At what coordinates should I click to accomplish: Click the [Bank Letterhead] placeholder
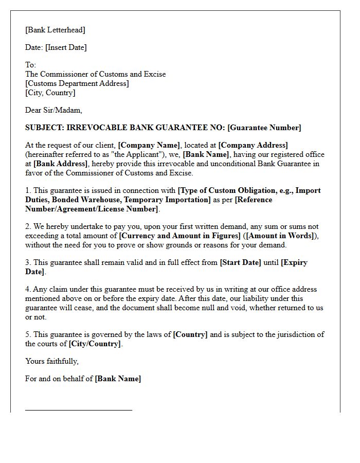pyautogui.click(x=55, y=30)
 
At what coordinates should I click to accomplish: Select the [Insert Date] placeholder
pyautogui.click(x=66, y=47)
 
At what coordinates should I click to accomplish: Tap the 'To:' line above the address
pyautogui.click(x=31, y=65)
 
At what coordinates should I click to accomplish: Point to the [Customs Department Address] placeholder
pyautogui.click(x=77, y=83)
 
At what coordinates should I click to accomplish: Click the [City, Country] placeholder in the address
pyautogui.click(x=50, y=93)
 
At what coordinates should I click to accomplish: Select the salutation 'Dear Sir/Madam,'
pyautogui.click(x=53, y=110)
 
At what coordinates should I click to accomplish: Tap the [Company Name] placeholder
pyautogui.click(x=149, y=145)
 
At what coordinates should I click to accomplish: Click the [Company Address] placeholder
pyautogui.click(x=253, y=145)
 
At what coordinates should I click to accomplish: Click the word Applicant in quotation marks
pyautogui.click(x=114, y=154)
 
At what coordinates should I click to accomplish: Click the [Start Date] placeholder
pyautogui.click(x=240, y=262)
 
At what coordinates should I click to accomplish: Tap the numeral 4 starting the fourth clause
pyautogui.click(x=27, y=289)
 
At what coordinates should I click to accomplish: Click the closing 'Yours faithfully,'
pyautogui.click(x=52, y=361)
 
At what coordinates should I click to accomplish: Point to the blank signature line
pyautogui.click(x=79, y=410)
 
